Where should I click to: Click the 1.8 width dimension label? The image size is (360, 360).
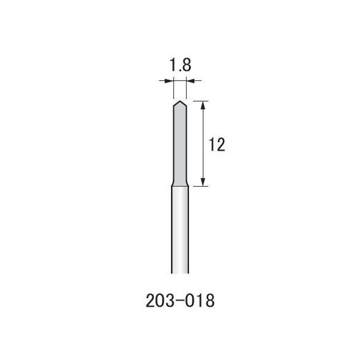pyautogui.click(x=179, y=65)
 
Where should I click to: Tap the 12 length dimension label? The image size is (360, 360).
pyautogui.click(x=217, y=145)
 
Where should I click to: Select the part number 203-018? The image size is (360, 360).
pyautogui.click(x=179, y=301)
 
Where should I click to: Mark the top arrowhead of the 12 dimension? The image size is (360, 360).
pyautogui.click(x=204, y=104)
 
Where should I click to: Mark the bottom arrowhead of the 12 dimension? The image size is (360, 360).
pyautogui.click(x=204, y=182)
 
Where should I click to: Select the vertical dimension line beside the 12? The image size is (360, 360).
pyautogui.click(x=204, y=144)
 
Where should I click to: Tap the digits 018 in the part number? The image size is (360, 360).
pyautogui.click(x=200, y=301)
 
